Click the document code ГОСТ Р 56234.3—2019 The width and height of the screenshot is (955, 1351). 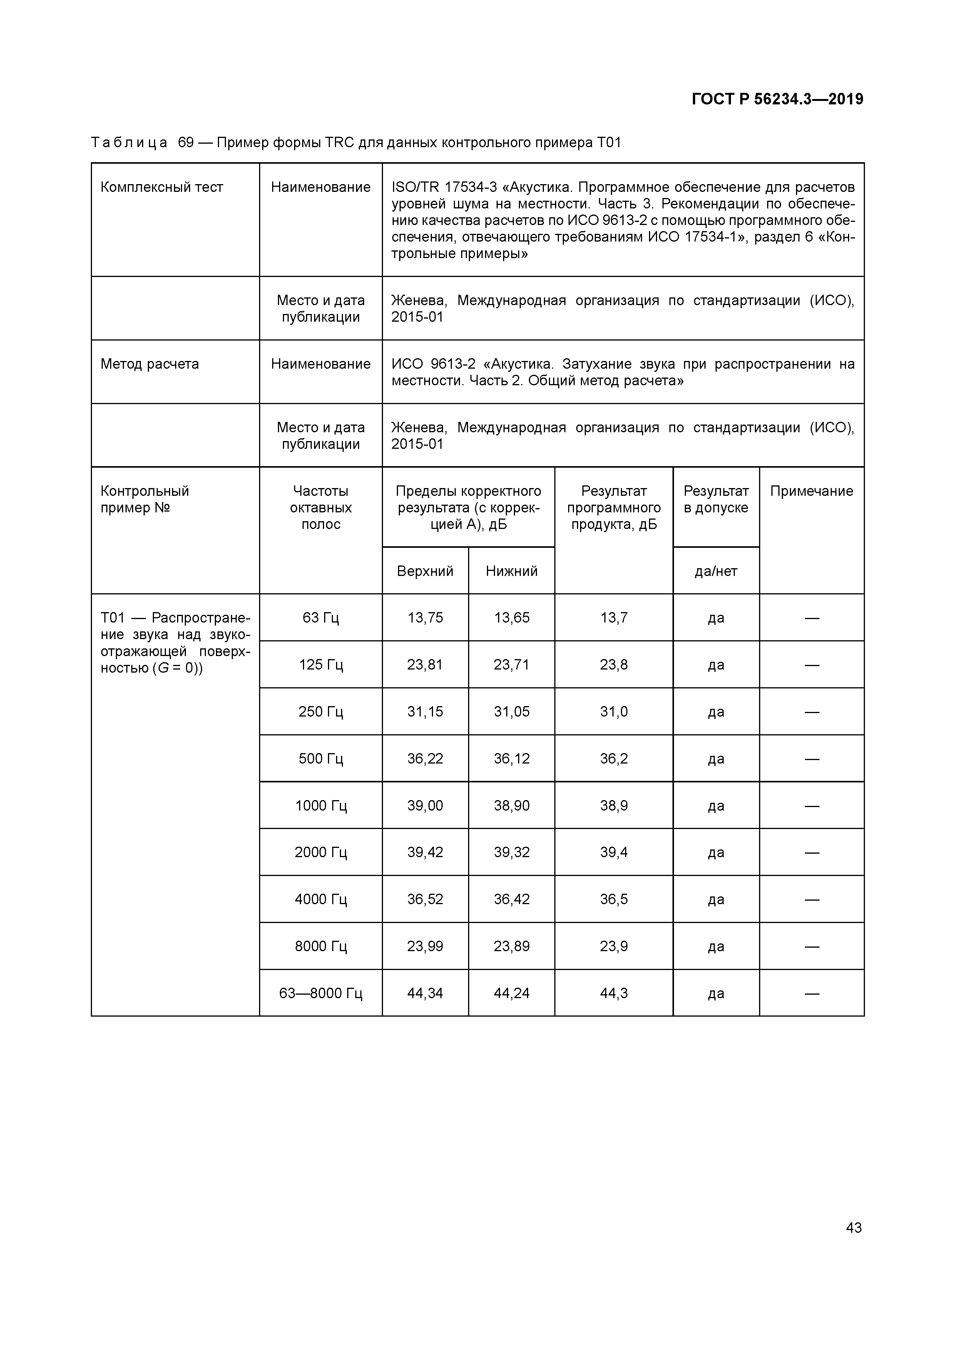click(x=777, y=99)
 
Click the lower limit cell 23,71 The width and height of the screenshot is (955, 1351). click(x=511, y=665)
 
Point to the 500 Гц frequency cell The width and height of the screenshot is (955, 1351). click(x=321, y=759)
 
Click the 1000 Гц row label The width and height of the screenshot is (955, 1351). click(x=321, y=806)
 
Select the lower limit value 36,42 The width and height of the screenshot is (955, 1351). click(x=511, y=899)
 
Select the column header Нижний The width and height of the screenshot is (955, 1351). click(x=511, y=571)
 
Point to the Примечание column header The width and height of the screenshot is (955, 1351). click(x=811, y=491)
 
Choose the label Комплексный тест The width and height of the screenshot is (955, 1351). click(x=162, y=187)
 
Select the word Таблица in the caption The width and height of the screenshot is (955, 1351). click(x=129, y=143)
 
